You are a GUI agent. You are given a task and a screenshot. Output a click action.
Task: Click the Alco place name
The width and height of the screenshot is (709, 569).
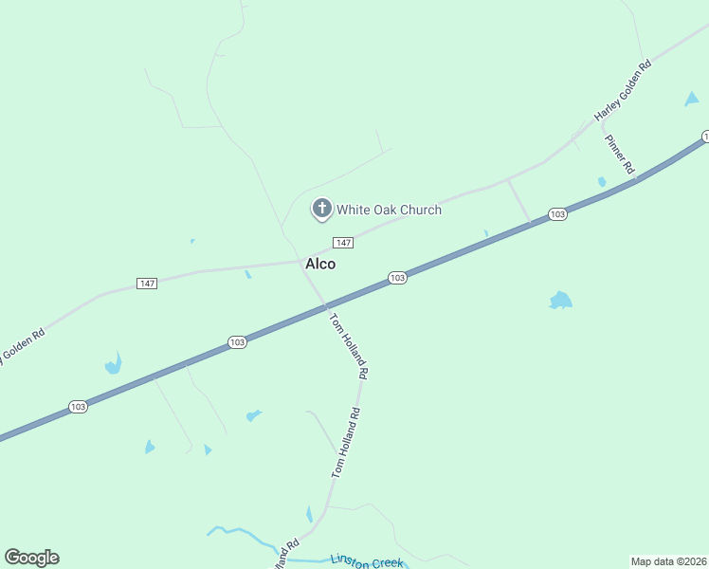(319, 264)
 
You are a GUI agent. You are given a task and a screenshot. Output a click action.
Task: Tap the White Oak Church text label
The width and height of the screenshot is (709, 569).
(389, 210)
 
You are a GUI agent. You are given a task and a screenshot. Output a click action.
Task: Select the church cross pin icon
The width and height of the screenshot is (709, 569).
(321, 209)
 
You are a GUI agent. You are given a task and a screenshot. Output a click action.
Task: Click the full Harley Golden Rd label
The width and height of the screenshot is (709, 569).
(623, 91)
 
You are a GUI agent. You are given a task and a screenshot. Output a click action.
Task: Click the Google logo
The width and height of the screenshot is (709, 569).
(31, 557)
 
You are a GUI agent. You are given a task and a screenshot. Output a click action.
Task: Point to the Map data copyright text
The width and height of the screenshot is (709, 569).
(668, 561)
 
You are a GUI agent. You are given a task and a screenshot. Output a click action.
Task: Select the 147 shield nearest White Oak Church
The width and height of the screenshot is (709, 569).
(343, 243)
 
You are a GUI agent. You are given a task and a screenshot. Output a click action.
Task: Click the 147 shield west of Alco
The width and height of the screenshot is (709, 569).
(146, 284)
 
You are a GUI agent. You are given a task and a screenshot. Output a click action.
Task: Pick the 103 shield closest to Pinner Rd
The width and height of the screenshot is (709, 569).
(557, 214)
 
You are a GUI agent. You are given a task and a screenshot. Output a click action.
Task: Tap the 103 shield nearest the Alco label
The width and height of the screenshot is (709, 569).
(397, 278)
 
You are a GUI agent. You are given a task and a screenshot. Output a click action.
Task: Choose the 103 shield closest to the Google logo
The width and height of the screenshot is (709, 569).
(78, 407)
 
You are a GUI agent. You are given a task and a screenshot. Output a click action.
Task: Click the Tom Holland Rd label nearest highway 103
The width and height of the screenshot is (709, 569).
(348, 346)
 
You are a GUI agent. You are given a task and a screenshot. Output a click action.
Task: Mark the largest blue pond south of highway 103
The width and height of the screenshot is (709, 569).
(560, 301)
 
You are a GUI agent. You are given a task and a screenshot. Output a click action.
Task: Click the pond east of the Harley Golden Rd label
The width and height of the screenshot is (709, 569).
(691, 99)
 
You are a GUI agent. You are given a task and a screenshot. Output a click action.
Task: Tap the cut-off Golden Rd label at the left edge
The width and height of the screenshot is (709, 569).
(23, 346)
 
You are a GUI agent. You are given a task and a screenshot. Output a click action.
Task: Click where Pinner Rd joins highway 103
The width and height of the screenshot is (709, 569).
(636, 176)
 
